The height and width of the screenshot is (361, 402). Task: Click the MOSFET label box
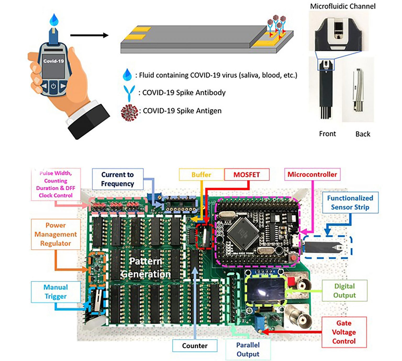pos(247,174)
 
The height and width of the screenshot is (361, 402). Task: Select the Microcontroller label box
pos(312,174)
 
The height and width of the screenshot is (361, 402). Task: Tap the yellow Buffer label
pos(201,174)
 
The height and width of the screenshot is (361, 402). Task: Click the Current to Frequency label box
pos(118,179)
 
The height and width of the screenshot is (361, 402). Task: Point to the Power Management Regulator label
pos(55,234)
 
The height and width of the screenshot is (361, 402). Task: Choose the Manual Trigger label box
pos(55,292)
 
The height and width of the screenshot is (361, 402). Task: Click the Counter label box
pos(195,346)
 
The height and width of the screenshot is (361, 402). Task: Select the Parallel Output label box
pos(248,350)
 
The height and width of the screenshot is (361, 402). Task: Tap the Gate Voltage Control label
pos(344,332)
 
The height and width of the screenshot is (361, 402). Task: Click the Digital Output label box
pos(344,291)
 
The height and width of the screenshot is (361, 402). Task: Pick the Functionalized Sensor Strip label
pos(350,203)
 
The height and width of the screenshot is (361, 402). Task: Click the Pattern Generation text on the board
pos(146,267)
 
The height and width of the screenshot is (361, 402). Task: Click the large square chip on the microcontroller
pos(243,231)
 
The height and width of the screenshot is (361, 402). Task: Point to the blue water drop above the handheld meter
pos(54,20)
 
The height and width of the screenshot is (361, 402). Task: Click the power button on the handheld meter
pos(53,86)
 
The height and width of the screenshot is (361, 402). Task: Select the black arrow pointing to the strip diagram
pos(89,35)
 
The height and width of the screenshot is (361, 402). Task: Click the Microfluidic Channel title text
pos(343,6)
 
